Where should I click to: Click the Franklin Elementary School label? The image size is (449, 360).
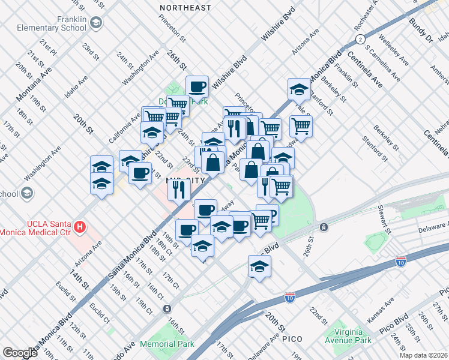click(x=58, y=22)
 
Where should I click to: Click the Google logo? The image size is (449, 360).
click(x=20, y=353)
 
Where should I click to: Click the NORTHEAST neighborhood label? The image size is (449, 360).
click(x=185, y=8)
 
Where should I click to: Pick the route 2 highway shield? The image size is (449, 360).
click(x=360, y=39)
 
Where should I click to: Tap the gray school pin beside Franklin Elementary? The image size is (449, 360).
click(x=96, y=22)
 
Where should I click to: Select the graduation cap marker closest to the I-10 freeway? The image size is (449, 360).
click(x=259, y=267)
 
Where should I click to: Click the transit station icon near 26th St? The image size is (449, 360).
click(x=324, y=227)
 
